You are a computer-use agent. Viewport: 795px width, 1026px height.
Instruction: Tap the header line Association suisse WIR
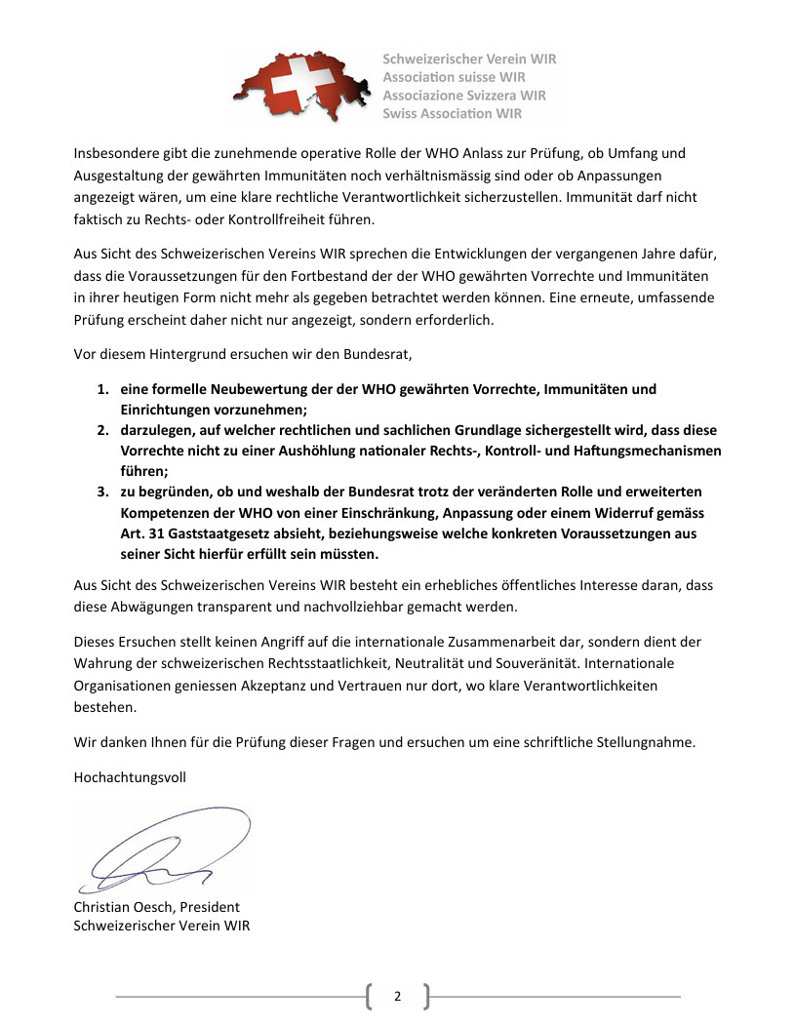455,77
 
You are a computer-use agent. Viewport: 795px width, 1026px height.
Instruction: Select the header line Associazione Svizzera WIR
464,95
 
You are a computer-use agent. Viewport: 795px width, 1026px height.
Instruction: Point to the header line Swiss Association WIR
453,113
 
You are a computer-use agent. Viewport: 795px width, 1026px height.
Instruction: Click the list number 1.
100,389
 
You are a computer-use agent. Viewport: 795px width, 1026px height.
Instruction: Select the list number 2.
100,430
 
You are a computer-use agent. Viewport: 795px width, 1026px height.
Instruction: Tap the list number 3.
100,492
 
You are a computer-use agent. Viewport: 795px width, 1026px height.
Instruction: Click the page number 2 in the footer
397,996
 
